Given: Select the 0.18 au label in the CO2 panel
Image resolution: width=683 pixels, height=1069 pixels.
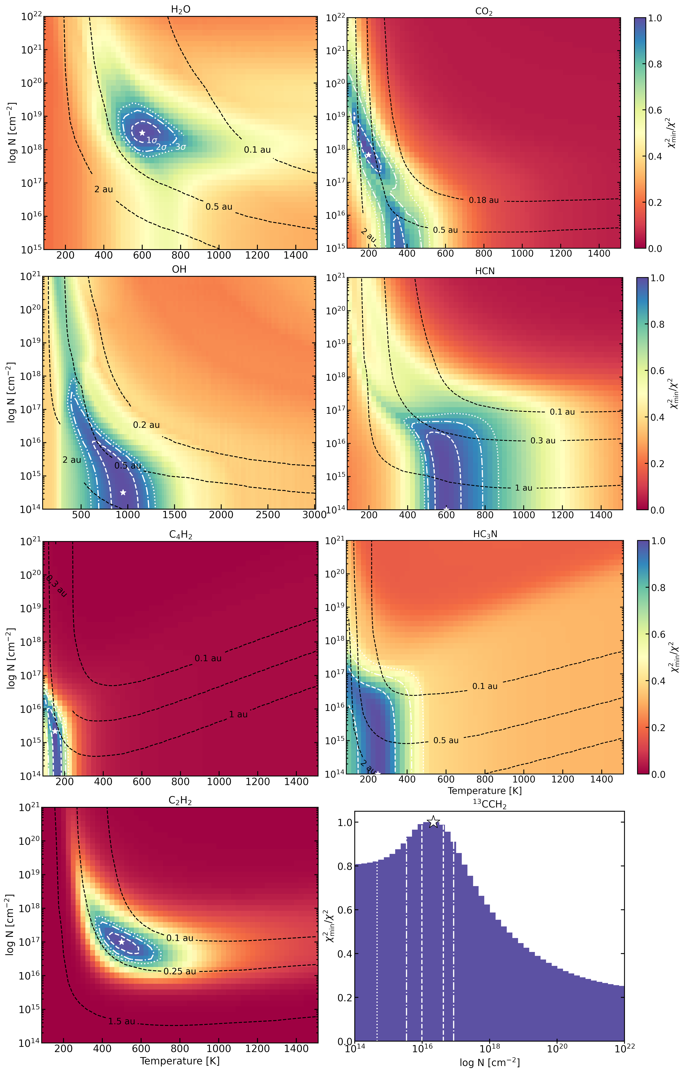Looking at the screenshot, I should pos(484,200).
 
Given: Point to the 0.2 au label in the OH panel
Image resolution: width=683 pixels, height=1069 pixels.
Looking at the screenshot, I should pos(146,425).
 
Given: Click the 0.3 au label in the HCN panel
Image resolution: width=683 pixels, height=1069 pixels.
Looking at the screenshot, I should pos(543,441).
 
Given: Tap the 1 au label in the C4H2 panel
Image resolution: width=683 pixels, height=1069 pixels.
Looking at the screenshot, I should pos(238,714).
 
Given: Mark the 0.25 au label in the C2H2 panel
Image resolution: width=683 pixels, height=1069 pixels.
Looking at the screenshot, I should pos(180,971).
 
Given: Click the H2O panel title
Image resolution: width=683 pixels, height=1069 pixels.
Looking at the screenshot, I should pos(181,10).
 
